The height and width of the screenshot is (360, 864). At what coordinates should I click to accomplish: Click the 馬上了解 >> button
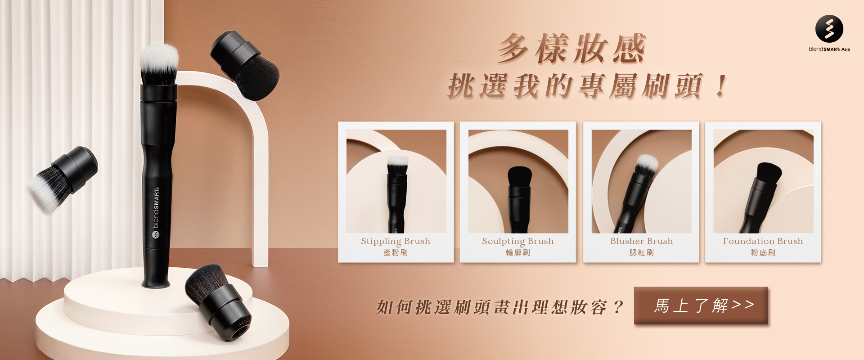(701, 306)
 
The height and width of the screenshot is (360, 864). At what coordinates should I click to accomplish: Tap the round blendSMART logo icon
(829, 29)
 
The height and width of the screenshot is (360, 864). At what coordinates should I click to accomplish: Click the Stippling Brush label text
(396, 241)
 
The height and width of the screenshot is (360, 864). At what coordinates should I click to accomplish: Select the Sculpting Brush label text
(517, 241)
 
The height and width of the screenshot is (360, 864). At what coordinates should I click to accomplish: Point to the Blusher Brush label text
(641, 241)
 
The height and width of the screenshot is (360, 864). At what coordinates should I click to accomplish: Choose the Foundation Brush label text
(763, 241)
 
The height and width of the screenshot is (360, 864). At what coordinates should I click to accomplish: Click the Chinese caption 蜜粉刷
(396, 252)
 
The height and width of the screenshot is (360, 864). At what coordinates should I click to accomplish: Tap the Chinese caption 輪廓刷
(517, 252)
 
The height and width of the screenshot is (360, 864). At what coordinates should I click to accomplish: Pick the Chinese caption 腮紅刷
(641, 252)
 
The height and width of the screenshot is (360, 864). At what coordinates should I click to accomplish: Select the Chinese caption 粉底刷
(763, 252)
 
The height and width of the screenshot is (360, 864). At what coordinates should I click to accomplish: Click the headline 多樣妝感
(571, 49)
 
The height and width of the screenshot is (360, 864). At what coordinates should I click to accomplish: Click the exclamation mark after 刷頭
(721, 85)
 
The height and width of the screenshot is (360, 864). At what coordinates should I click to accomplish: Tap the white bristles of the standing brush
(158, 63)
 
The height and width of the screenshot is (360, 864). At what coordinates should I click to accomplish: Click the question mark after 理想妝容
(618, 307)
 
